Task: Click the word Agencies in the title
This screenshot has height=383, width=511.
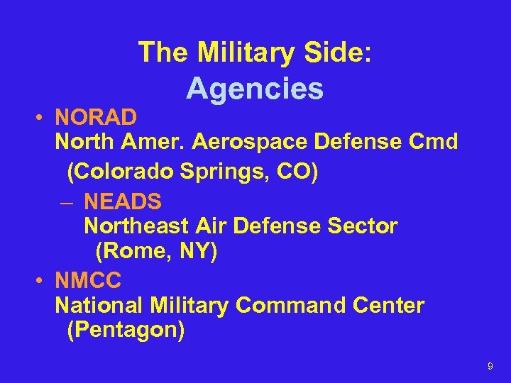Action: point(255,89)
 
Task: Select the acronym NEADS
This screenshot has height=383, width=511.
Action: point(123,201)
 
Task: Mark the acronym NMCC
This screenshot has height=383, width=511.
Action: point(89,280)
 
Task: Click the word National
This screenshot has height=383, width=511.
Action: point(99,306)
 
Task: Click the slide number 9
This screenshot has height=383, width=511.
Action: point(490,366)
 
